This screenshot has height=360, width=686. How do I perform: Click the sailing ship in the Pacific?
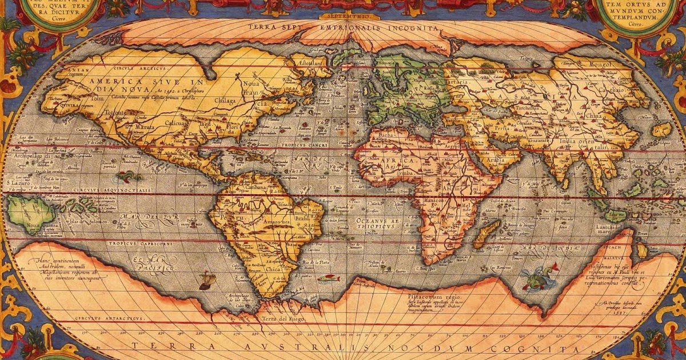pyautogui.click(x=208, y=281)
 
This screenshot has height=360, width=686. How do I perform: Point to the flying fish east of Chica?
pyautogui.click(x=328, y=278)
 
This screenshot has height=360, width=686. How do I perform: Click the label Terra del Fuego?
pyautogui.click(x=282, y=318)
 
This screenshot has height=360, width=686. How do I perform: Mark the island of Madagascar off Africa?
pyautogui.click(x=485, y=234)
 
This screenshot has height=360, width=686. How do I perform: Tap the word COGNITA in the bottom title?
pyautogui.click(x=535, y=348)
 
